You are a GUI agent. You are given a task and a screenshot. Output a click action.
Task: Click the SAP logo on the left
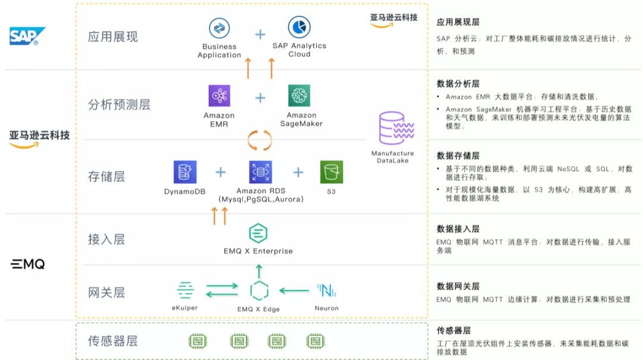pyautogui.click(x=26, y=36)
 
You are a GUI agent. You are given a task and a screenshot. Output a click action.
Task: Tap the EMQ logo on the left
pyautogui.click(x=28, y=264)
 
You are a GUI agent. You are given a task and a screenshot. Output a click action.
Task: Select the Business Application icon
pyautogui.click(x=219, y=28)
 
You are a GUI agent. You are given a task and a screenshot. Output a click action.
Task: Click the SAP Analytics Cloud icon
pyautogui.click(x=299, y=27)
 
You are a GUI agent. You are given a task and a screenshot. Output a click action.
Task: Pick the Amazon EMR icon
pyautogui.click(x=219, y=96)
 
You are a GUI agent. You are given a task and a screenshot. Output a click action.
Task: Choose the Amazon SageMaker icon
pyautogui.click(x=299, y=96)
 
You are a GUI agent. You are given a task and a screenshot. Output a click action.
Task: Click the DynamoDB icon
pyautogui.click(x=185, y=172)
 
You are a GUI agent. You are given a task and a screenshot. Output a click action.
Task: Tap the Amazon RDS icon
pyautogui.click(x=260, y=172)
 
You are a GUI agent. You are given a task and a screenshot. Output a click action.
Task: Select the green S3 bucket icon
pyautogui.click(x=331, y=172)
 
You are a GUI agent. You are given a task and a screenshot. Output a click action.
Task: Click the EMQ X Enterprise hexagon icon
pyautogui.click(x=258, y=233)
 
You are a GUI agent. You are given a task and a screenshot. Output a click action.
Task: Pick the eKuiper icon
pyautogui.click(x=185, y=290)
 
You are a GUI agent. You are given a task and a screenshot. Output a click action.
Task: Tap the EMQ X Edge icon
pyautogui.click(x=259, y=291)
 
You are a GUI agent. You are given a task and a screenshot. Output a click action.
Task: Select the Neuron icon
pyautogui.click(x=326, y=290)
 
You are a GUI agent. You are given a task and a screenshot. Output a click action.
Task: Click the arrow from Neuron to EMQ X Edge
pyautogui.click(x=294, y=290)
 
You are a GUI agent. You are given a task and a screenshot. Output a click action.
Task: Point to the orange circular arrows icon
pyautogui.click(x=260, y=140)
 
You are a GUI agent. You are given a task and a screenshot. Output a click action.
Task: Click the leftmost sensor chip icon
pyautogui.click(x=198, y=341)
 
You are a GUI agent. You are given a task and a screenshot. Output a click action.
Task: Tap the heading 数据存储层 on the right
pyautogui.click(x=458, y=155)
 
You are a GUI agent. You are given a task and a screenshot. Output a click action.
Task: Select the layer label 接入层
pyautogui.click(x=107, y=239)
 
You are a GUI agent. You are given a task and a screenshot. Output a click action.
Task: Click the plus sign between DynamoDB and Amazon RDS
pyautogui.click(x=221, y=173)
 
